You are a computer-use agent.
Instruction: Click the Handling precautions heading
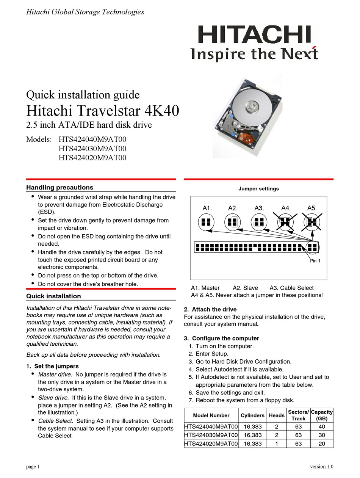59,187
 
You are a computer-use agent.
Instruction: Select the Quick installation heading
53,296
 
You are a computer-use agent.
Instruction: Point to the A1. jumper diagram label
207,208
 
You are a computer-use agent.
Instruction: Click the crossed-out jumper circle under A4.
285,222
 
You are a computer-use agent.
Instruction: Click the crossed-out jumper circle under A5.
311,222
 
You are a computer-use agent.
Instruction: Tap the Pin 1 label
315,261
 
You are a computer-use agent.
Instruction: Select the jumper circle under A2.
232,222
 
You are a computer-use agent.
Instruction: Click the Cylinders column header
252,415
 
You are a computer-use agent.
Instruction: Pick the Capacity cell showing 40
322,426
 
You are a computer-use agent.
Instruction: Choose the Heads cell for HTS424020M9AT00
277,444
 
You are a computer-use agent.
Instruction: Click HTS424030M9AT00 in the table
211,435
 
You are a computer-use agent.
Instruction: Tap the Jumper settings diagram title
258,188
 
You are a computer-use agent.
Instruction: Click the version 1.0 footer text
321,467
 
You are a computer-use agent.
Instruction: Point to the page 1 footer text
33,467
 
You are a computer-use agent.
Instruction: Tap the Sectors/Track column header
298,415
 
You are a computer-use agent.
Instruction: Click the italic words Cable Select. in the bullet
56,421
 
